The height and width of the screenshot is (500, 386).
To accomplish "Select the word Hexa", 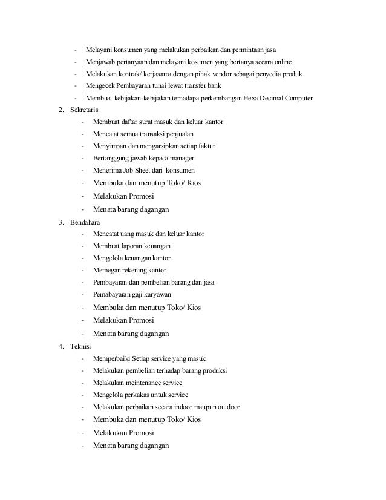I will click(x=244, y=99).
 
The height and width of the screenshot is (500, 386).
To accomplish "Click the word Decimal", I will click(x=269, y=99).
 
